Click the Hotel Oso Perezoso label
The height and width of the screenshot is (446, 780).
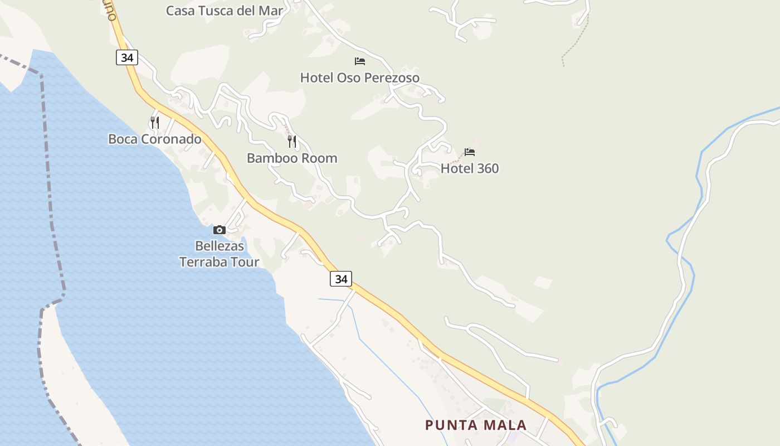click(359, 77)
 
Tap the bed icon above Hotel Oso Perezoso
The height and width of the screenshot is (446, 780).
click(360, 61)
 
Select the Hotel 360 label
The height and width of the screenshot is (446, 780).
click(470, 168)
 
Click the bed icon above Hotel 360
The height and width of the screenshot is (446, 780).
click(470, 152)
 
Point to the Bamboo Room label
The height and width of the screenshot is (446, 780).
click(292, 158)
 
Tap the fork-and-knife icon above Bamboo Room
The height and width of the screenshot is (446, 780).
click(292, 142)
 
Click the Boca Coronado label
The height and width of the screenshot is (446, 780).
click(155, 139)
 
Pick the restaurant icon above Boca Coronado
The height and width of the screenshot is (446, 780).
click(155, 122)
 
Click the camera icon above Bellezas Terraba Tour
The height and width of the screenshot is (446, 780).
click(219, 230)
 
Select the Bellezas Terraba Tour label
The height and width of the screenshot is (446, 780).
click(219, 254)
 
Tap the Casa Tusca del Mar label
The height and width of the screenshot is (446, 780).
click(225, 11)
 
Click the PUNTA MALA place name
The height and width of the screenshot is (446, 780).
click(476, 425)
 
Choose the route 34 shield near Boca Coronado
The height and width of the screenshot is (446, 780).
click(127, 57)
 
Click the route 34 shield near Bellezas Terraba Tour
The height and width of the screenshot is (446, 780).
click(341, 279)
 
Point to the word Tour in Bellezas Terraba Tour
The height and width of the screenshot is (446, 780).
click(246, 262)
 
